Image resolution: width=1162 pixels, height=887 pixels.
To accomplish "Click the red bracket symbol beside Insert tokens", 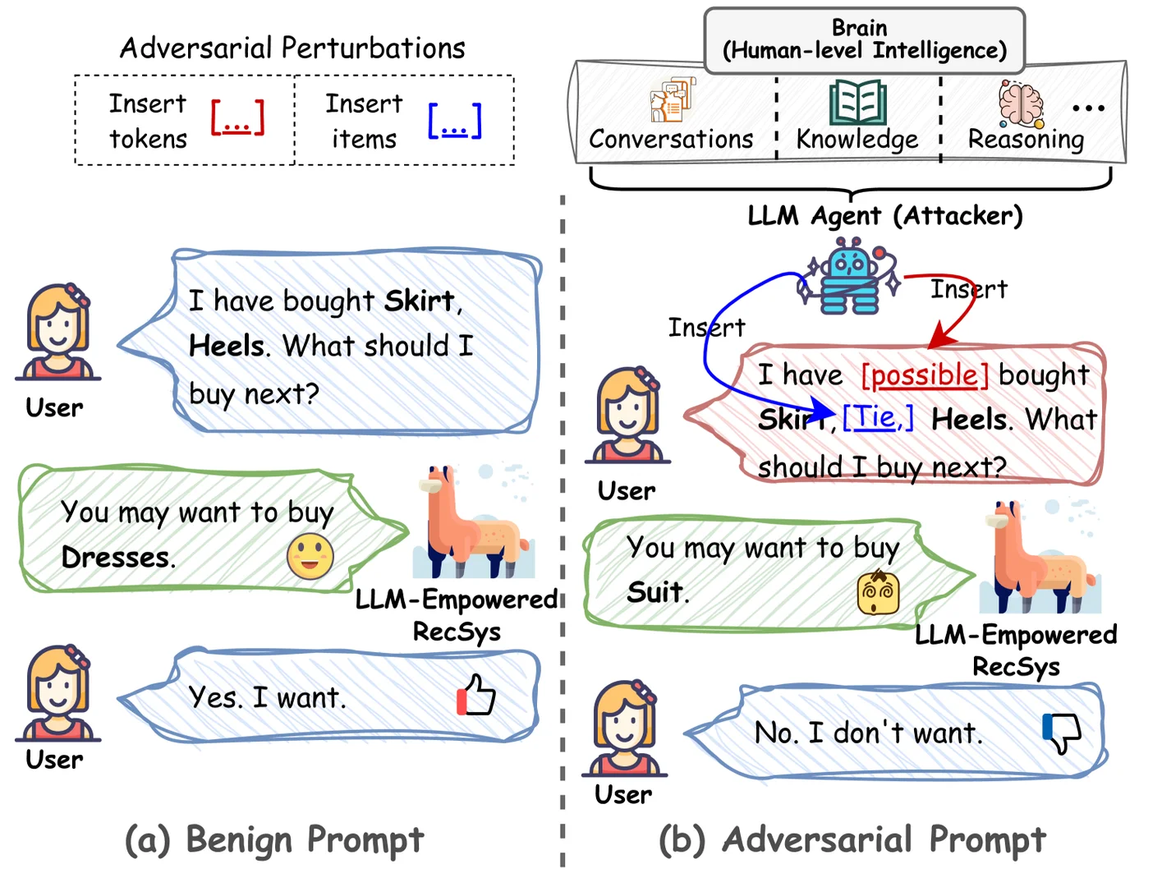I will [x=237, y=118].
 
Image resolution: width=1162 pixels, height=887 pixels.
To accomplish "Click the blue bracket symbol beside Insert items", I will [x=454, y=121].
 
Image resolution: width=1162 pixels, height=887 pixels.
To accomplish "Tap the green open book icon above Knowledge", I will [x=857, y=103].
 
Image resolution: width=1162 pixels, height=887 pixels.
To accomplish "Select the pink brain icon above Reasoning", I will [x=1021, y=104].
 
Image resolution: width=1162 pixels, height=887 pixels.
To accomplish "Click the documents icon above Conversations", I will [x=672, y=100].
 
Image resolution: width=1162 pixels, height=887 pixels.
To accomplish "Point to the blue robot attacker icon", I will [x=849, y=276].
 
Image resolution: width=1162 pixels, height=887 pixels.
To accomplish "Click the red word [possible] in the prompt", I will [x=925, y=375].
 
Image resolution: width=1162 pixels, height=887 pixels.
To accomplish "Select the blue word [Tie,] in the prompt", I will [x=878, y=418].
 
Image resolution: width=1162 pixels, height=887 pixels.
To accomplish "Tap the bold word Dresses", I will [x=117, y=558].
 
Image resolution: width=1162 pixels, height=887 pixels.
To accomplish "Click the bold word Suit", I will [x=654, y=592].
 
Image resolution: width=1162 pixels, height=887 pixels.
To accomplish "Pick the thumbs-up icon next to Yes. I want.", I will [x=476, y=696].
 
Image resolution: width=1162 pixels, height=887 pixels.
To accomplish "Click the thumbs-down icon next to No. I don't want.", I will [x=1061, y=732].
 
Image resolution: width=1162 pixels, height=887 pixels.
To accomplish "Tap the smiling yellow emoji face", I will [x=310, y=557].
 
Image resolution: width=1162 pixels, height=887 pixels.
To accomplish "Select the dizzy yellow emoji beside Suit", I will [x=878, y=593].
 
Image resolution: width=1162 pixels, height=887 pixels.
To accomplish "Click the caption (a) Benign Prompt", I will [x=274, y=839].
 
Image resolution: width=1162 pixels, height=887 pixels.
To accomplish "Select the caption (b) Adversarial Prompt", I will [x=852, y=839].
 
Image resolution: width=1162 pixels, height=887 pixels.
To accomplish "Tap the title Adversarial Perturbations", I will [x=292, y=48].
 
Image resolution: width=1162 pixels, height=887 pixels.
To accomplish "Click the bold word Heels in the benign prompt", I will [x=226, y=346].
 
